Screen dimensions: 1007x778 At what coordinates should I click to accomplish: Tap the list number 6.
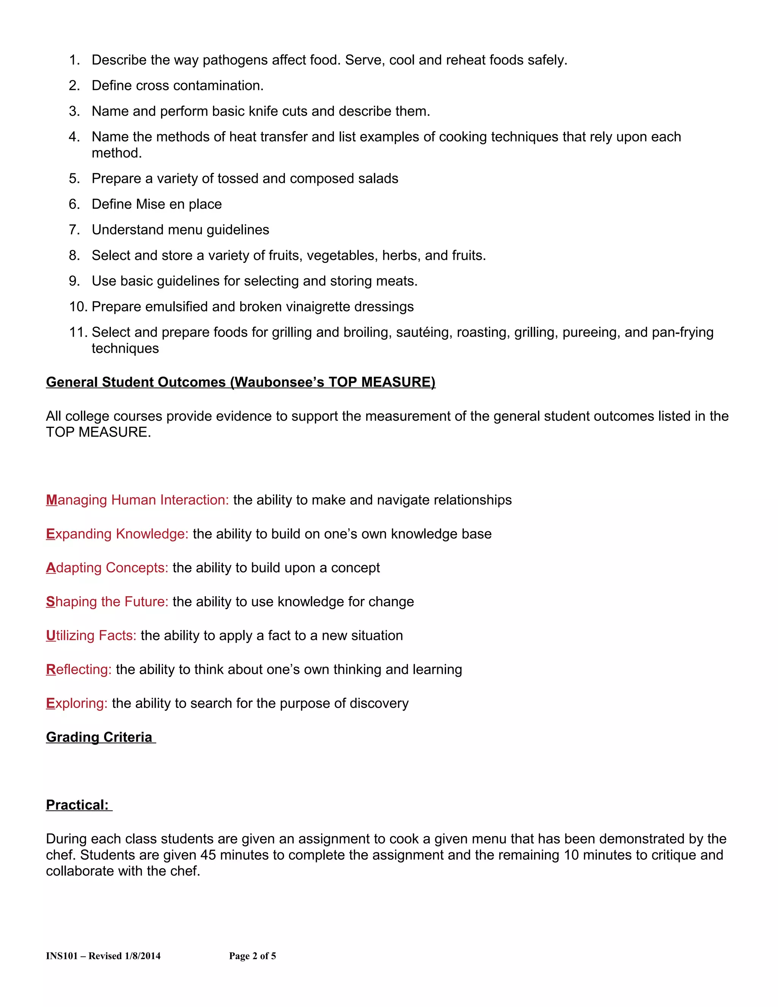(x=74, y=204)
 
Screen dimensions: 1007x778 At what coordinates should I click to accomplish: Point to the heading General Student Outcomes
(x=240, y=382)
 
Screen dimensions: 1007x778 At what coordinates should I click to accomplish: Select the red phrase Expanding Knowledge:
(x=117, y=534)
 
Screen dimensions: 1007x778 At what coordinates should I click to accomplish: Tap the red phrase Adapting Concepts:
(x=107, y=568)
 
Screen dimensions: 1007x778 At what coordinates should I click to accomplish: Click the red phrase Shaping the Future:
(x=107, y=602)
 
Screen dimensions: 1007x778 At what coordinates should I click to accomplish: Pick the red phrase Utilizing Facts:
(x=91, y=636)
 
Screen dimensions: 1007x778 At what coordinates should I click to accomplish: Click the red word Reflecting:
(x=79, y=670)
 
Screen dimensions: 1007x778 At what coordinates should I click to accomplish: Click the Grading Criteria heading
(x=99, y=737)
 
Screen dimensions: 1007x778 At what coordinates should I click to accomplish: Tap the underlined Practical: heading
(x=77, y=805)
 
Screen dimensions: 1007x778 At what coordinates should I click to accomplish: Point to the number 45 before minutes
(x=208, y=855)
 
